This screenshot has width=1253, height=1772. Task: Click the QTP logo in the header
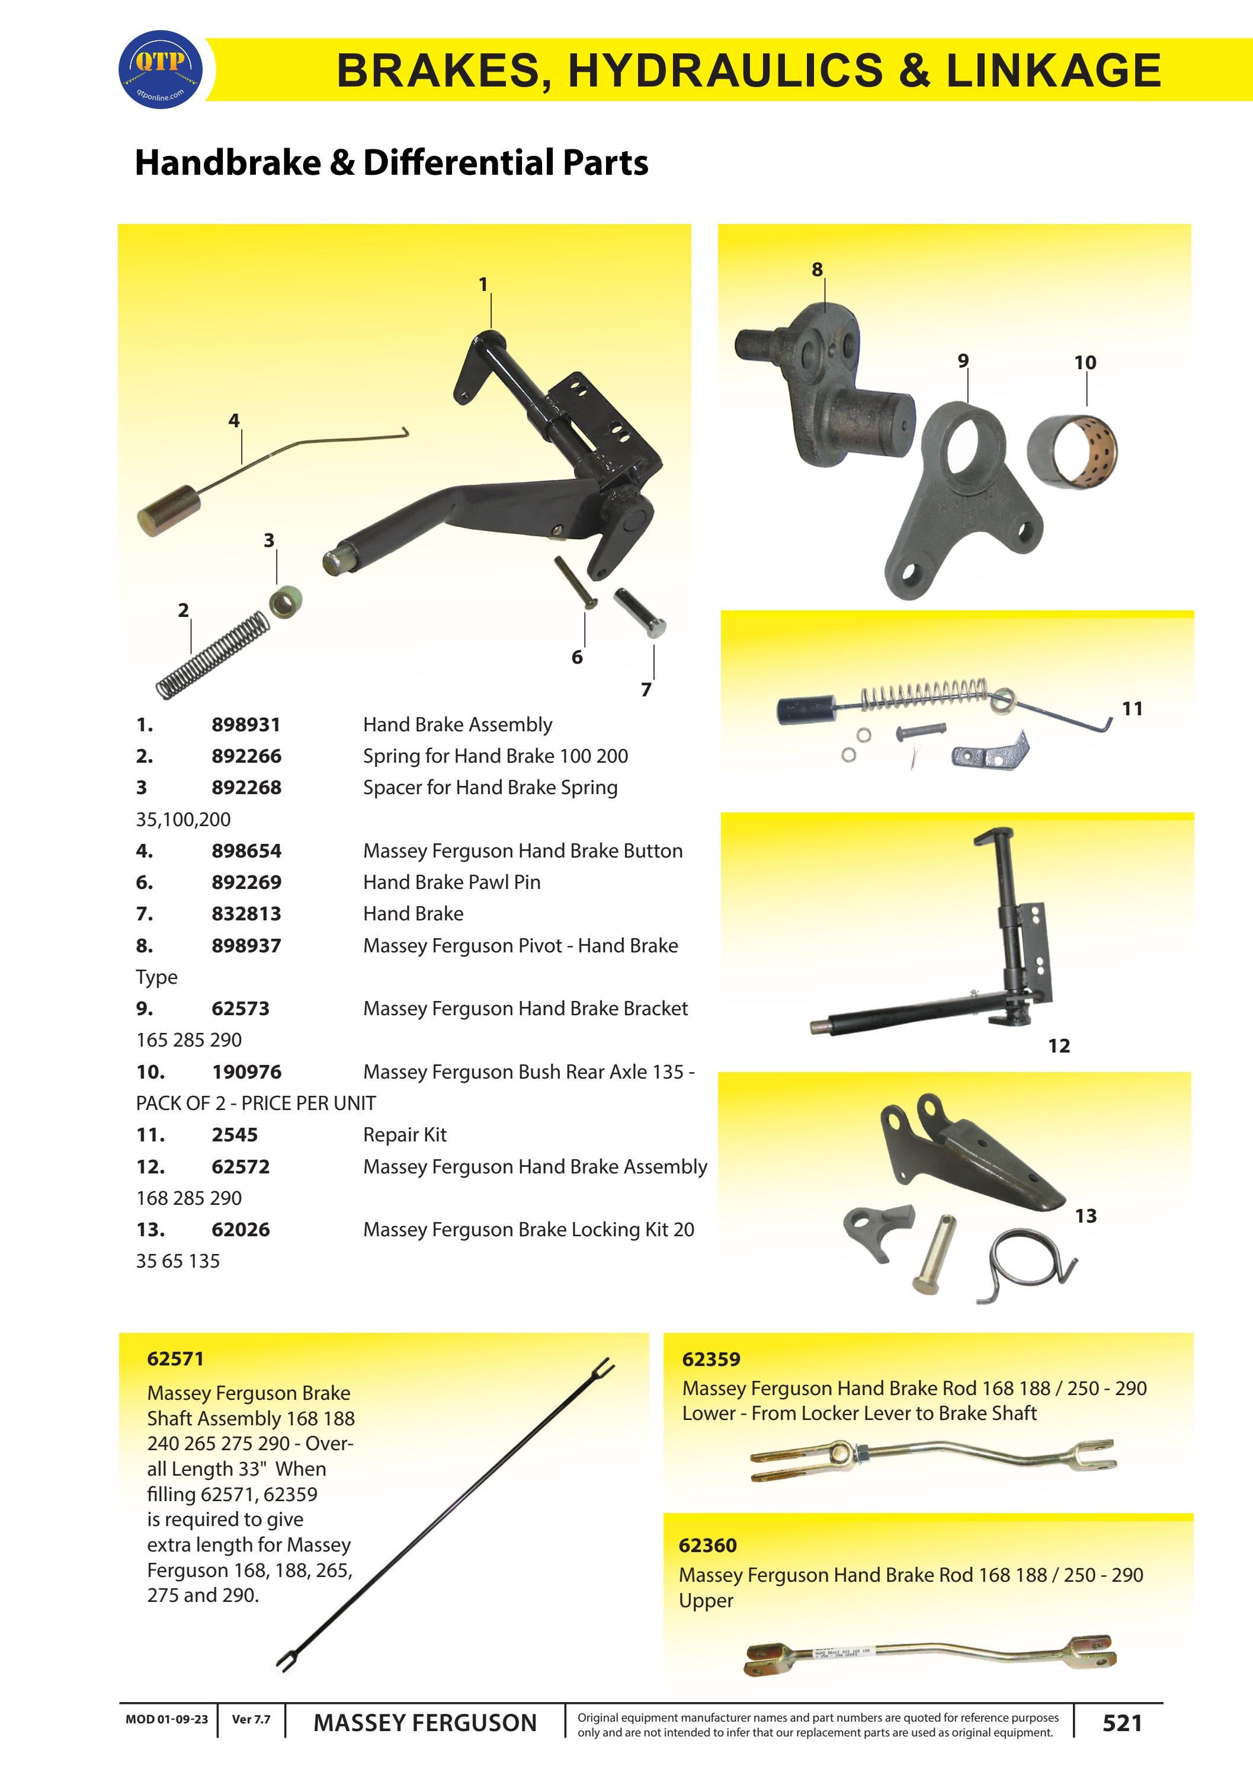pos(161,69)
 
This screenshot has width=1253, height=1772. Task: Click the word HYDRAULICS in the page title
pos(725,71)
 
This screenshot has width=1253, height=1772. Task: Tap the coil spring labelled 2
pos(214,655)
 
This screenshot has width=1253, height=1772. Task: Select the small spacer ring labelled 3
pos(285,600)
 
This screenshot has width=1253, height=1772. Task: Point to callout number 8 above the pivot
pos(817,269)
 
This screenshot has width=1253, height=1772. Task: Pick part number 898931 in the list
pos(246,725)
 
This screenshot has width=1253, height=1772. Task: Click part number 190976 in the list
pos(246,1072)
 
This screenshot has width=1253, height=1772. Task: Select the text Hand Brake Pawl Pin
pos(451,882)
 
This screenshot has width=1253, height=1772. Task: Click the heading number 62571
pos(175,1358)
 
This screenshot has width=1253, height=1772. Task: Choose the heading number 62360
pos(707,1545)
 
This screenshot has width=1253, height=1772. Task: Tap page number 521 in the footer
pos(1122,1723)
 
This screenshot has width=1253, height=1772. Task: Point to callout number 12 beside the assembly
pos(1059,1046)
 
